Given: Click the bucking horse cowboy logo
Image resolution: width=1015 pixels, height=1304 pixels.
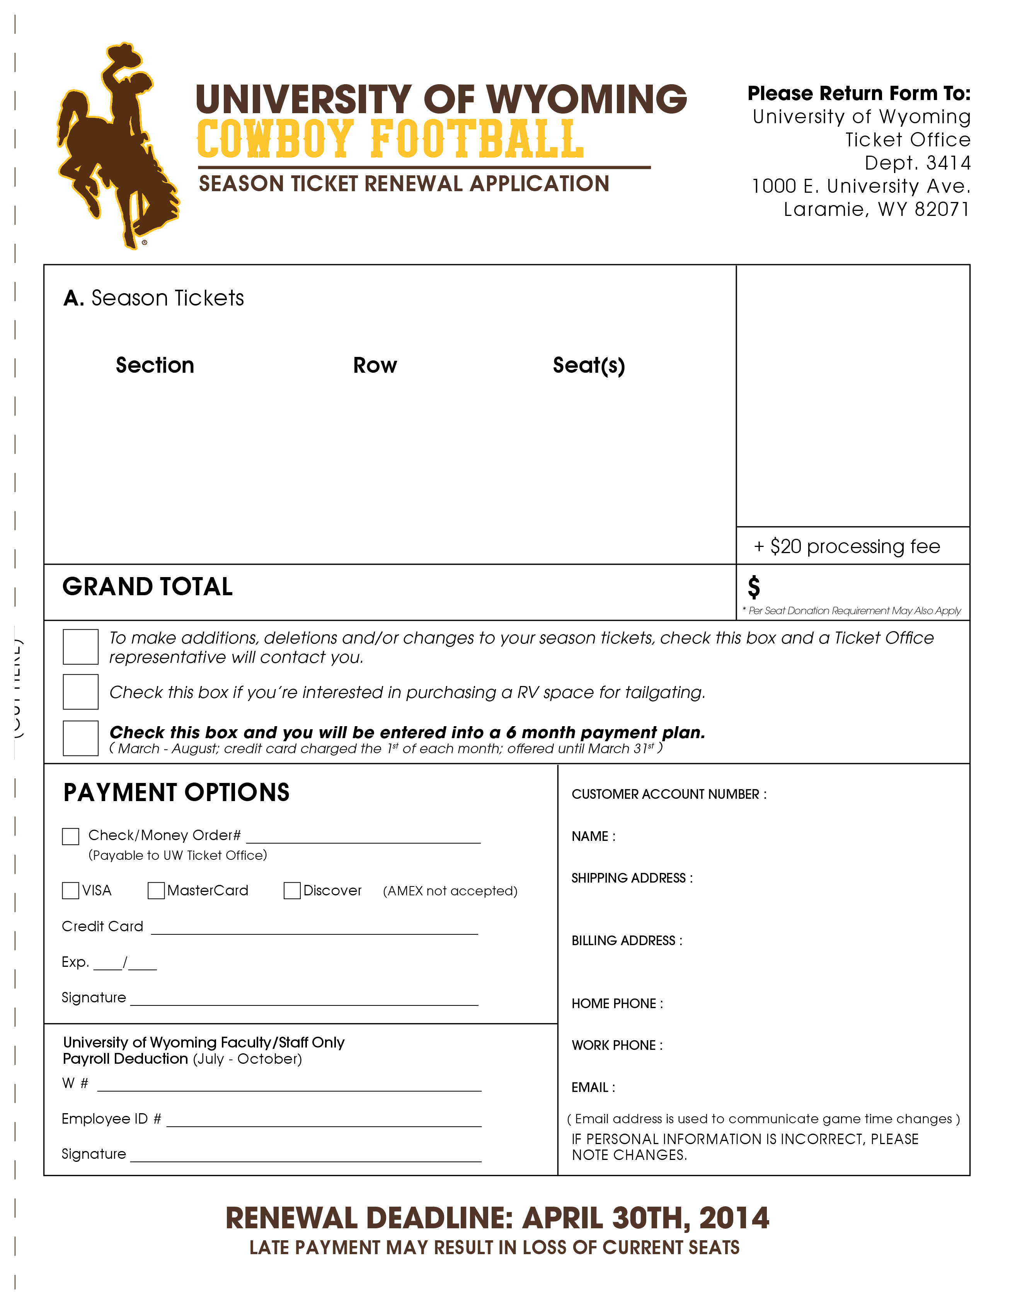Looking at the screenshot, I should pyautogui.click(x=116, y=146).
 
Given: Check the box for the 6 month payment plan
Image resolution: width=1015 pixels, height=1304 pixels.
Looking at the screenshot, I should pyautogui.click(x=81, y=739).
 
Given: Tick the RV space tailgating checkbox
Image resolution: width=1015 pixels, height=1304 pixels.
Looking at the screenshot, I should pyautogui.click(x=81, y=692).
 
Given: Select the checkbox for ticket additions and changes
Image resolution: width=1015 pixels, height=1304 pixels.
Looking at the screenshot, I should pyautogui.click(x=81, y=647).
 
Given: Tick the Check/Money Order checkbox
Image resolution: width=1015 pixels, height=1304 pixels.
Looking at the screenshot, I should pyautogui.click(x=70, y=837).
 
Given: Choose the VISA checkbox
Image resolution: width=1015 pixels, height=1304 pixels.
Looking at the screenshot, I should pyautogui.click(x=70, y=891).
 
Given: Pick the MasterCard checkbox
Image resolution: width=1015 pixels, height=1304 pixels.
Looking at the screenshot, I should pyautogui.click(x=156, y=891).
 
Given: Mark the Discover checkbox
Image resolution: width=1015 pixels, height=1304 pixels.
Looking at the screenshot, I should pyautogui.click(x=292, y=891).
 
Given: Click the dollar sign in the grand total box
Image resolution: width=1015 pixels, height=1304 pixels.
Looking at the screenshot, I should pyautogui.click(x=754, y=587).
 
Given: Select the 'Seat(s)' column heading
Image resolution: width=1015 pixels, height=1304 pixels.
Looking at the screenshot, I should pyautogui.click(x=588, y=365).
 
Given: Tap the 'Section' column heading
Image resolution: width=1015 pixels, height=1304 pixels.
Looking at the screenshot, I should pyautogui.click(x=155, y=365).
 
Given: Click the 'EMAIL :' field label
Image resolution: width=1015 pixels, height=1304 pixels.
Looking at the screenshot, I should pyautogui.click(x=593, y=1087).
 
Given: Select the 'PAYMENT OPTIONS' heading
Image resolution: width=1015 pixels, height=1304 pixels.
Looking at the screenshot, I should pyautogui.click(x=176, y=793).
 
